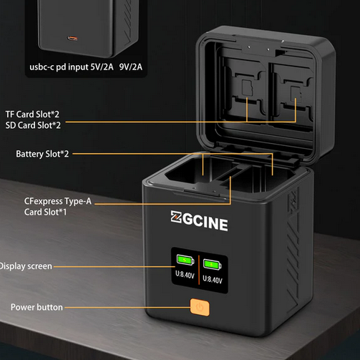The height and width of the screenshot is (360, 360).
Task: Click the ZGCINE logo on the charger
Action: point(199,221)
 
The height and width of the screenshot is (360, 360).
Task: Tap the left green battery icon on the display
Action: point(185,260)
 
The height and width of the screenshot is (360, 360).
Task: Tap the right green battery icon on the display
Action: point(212,264)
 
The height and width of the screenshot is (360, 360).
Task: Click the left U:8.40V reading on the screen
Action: point(185,275)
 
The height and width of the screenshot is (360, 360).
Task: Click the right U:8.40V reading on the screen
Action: point(213,279)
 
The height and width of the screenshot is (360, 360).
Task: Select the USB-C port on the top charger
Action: point(72,38)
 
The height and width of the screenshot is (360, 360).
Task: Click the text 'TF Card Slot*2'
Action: point(32,115)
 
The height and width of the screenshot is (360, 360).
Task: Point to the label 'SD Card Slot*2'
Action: point(33,125)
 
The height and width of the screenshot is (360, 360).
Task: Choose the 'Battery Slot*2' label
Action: point(42,154)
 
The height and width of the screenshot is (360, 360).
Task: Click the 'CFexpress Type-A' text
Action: point(58,201)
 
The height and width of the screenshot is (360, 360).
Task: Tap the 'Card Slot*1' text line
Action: point(45,212)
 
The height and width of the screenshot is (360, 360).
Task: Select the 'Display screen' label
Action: point(26,266)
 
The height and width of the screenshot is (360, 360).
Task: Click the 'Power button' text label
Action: point(37,307)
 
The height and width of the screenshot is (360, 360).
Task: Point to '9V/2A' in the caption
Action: point(131,67)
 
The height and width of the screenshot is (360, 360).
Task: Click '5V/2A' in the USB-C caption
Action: point(102,67)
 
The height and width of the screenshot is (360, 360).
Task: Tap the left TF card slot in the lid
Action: point(247,88)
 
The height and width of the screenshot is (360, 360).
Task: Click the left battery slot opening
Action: point(198,170)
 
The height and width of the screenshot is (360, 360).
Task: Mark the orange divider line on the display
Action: point(199,270)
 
